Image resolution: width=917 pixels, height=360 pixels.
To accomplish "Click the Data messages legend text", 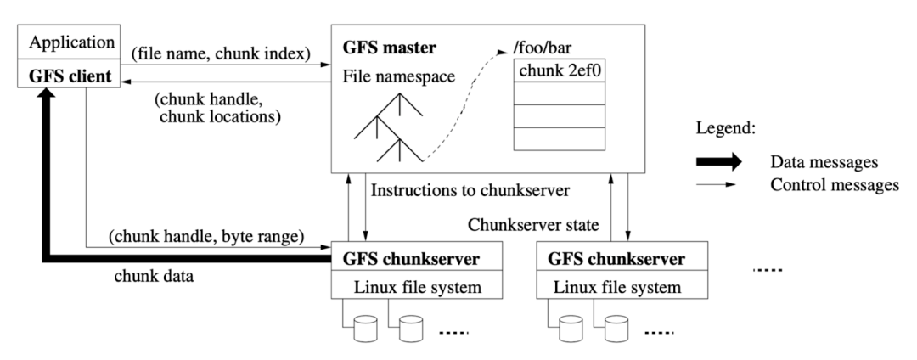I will coord(823,161).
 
